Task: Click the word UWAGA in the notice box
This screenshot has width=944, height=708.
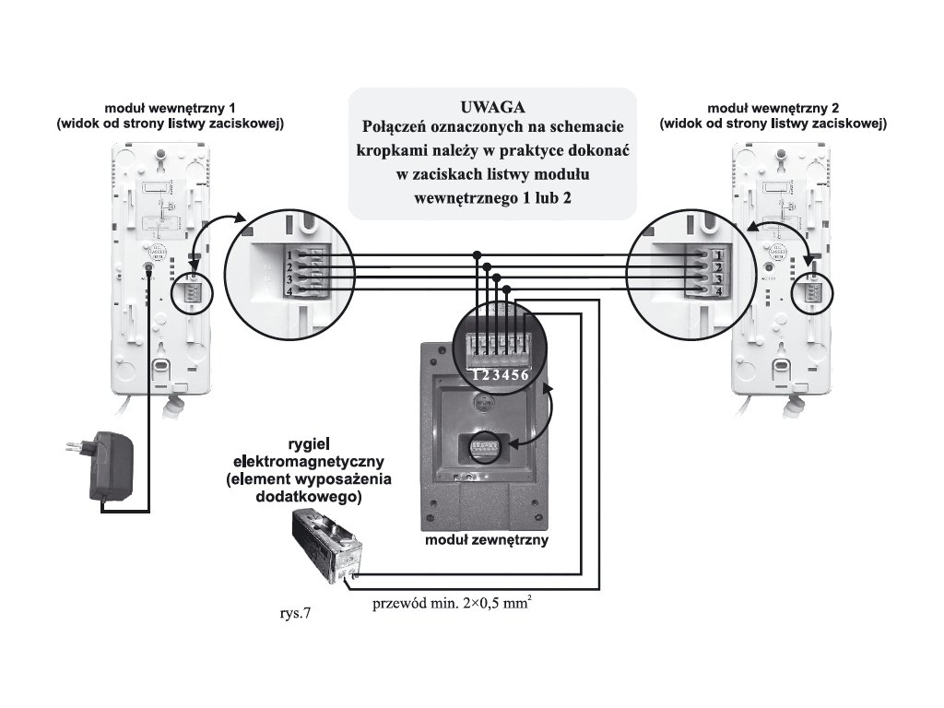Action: click(492, 105)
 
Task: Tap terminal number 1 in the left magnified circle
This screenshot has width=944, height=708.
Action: click(289, 254)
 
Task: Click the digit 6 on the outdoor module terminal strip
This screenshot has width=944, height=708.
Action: click(525, 374)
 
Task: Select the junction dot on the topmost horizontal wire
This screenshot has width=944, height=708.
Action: click(478, 254)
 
